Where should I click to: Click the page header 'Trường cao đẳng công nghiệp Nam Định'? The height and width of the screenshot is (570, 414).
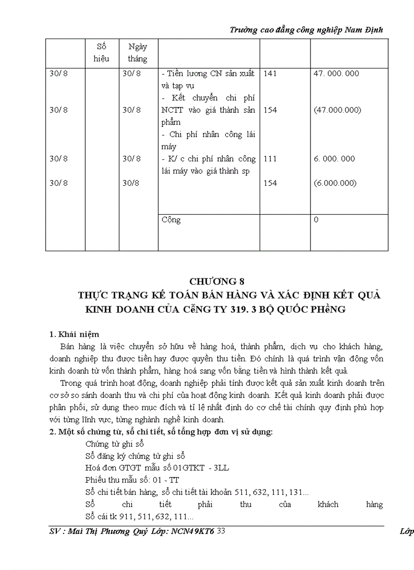coord(306,30)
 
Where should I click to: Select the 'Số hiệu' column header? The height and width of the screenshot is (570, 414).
coord(101,52)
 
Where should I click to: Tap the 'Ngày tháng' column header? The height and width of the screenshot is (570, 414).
coord(137,52)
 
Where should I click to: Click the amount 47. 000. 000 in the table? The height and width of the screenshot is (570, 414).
coord(336,73)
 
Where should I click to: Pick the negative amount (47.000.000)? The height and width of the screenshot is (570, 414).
coord(337,110)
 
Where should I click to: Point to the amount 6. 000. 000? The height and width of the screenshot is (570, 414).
coord(334,158)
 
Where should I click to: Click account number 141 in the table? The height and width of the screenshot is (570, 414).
coord(270,73)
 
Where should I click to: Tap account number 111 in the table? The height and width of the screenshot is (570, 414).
coord(270,158)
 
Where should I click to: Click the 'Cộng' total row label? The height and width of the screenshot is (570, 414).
coord(171,220)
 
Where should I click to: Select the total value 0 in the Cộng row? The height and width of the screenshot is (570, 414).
coord(316,220)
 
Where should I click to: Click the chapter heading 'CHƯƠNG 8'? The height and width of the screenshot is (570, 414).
coord(213,281)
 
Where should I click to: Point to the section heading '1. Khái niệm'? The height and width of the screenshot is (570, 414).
coord(74,334)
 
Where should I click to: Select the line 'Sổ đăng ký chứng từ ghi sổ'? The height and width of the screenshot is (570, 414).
coord(135,455)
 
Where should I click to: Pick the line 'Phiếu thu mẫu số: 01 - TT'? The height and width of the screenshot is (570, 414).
coord(132,480)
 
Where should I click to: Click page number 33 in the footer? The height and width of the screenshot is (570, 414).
coord(221,531)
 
